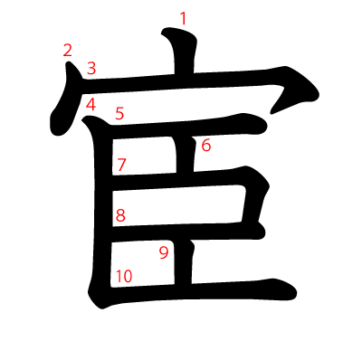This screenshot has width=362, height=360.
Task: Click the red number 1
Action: pyautogui.click(x=183, y=19)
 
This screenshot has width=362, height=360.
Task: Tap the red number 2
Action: pyautogui.click(x=68, y=51)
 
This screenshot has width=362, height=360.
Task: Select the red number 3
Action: pyautogui.click(x=91, y=68)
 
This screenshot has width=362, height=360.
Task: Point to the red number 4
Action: pyautogui.click(x=90, y=105)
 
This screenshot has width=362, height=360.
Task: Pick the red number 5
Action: pyautogui.click(x=119, y=114)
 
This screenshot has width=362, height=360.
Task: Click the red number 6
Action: pyautogui.click(x=206, y=146)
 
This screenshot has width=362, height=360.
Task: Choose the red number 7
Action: pyautogui.click(x=121, y=165)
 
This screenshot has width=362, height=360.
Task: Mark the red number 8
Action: pyautogui.click(x=120, y=215)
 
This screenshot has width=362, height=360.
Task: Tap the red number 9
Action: pyautogui.click(x=164, y=252)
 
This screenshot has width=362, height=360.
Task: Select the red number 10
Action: pyautogui.click(x=124, y=276)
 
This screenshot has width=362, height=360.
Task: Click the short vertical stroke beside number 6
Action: pyautogui.click(x=185, y=155)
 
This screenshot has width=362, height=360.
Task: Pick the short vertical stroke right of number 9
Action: pyautogui.click(x=183, y=262)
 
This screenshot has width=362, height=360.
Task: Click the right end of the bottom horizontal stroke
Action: pyautogui.click(x=296, y=293)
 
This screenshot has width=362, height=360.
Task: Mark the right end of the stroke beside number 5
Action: pyautogui.click(x=266, y=126)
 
